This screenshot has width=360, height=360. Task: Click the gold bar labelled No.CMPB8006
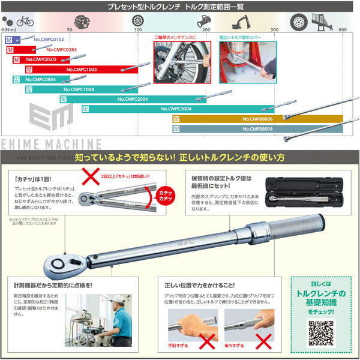tap(258, 119)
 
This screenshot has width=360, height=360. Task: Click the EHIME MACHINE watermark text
tap(51, 145)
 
